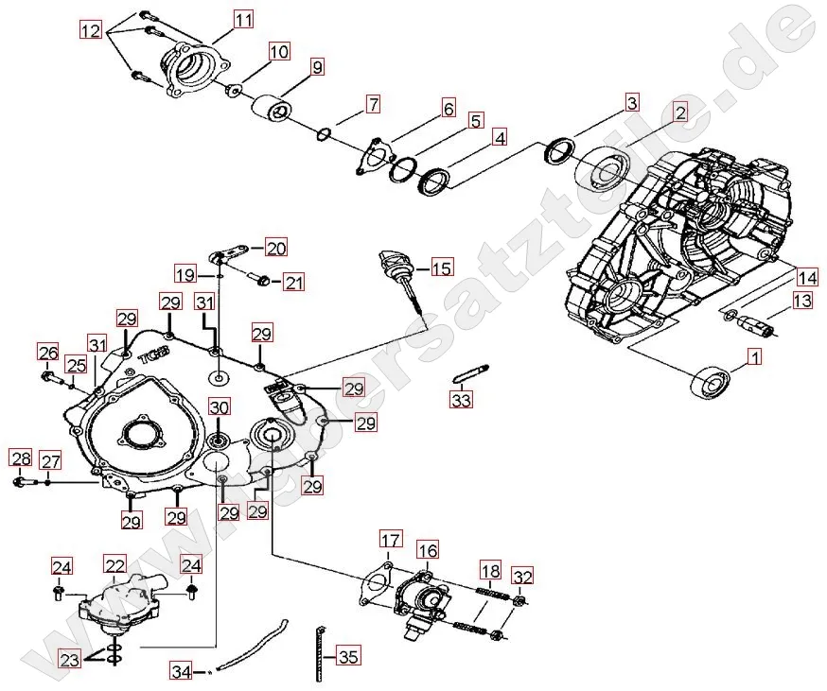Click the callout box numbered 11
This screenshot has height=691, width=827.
pos(243,19)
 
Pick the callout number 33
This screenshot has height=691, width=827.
pos(460,401)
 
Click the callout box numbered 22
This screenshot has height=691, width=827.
pos(115,565)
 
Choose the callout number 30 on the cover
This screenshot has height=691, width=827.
pos(220,407)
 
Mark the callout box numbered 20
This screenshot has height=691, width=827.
pos(275,249)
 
